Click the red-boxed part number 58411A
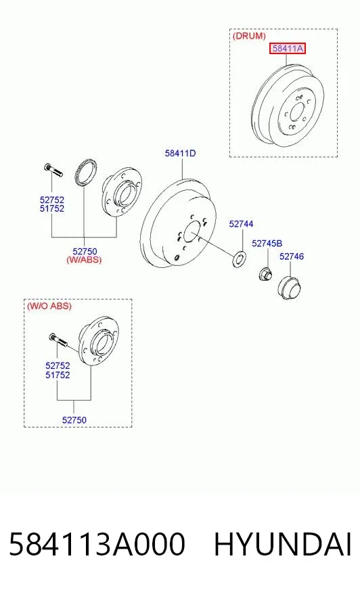coord(288,48)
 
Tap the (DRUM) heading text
coord(249,36)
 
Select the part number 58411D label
coord(180,153)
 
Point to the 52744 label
coord(241,224)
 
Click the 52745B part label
coord(267,244)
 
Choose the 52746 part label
coord(292,256)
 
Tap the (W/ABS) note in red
coord(84,260)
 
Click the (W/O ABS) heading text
coord(49,306)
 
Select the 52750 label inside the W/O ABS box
coord(74,420)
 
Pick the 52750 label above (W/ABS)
coord(85,251)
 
